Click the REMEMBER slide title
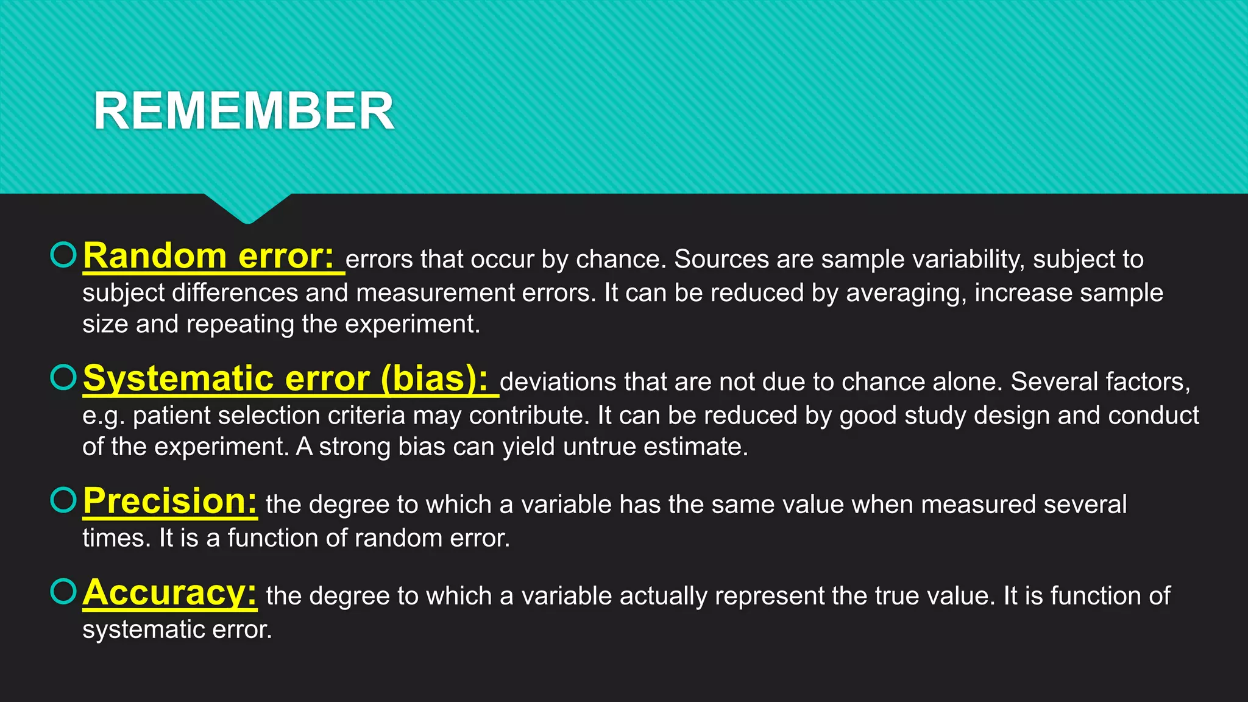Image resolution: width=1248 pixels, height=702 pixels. pyautogui.click(x=244, y=111)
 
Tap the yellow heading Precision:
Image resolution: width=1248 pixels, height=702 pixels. pyautogui.click(x=170, y=501)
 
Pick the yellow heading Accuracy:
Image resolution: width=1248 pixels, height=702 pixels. pyautogui.click(x=170, y=592)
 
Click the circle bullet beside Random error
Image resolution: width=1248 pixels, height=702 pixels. pyautogui.click(x=63, y=255)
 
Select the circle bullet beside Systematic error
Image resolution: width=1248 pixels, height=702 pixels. pyautogui.click(x=63, y=377)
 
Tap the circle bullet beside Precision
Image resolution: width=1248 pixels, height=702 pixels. pyautogui.click(x=63, y=500)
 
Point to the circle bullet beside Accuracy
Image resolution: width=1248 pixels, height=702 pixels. pyautogui.click(x=63, y=591)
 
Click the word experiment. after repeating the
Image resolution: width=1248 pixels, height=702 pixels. pyautogui.click(x=413, y=324)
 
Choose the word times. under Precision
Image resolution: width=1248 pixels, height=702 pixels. pyautogui.click(x=116, y=538)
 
